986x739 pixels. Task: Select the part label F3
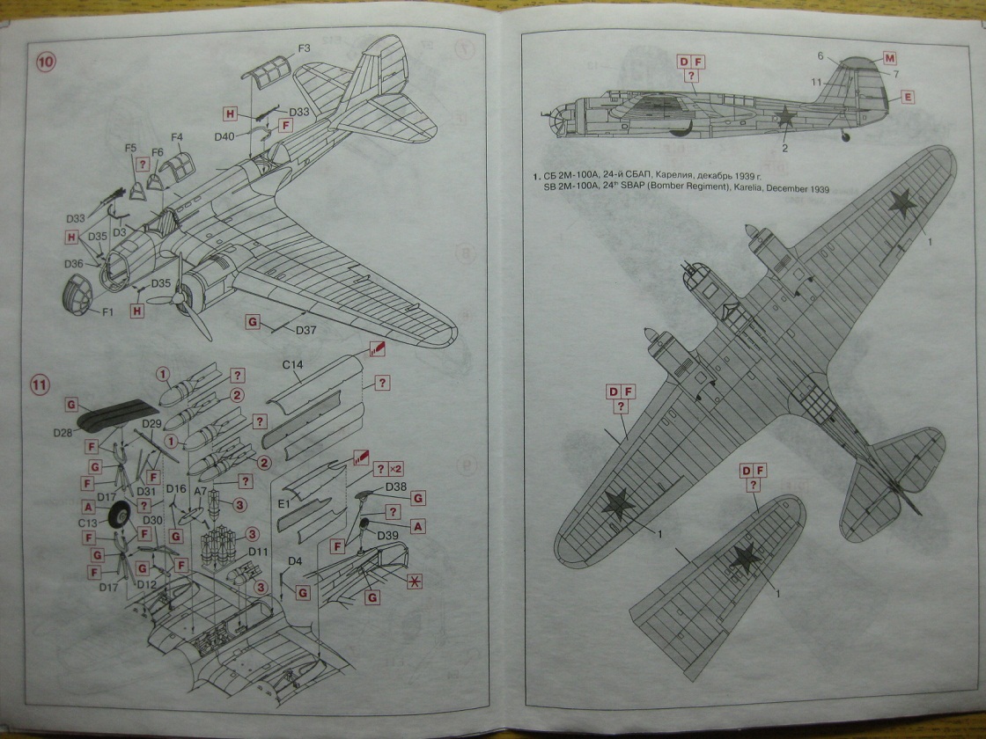coord(303,48)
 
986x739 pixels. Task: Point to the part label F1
coord(108,313)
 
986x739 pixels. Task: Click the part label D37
coord(307,330)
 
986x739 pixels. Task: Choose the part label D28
coord(63,433)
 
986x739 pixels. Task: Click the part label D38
coord(395,486)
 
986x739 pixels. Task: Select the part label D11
coord(257,551)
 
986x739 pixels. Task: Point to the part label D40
coord(224,136)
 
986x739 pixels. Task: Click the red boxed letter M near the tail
coord(890,58)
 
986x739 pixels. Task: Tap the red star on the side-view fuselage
coord(784,115)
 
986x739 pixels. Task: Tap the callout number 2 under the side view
coord(785,148)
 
